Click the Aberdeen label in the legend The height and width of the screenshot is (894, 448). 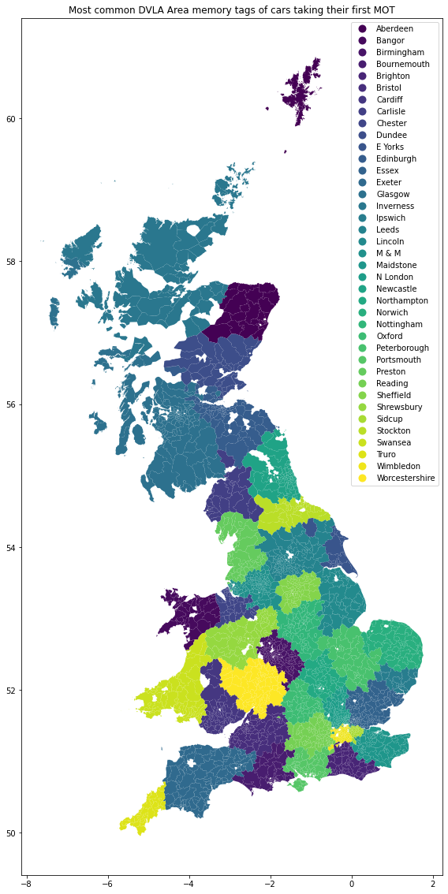394,29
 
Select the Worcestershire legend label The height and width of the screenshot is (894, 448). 405,479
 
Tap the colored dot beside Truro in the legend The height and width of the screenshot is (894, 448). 363,455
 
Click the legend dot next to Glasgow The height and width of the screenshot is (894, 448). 363,195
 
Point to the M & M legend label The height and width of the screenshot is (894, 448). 388,254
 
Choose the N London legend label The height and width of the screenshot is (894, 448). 394,278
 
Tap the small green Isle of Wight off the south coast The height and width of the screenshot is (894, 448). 297,784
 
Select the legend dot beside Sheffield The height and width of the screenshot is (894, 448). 363,396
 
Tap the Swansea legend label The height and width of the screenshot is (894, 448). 394,443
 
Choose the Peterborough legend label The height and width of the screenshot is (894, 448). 402,348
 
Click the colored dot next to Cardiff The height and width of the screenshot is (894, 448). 363,100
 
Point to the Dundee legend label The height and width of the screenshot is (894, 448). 391,136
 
